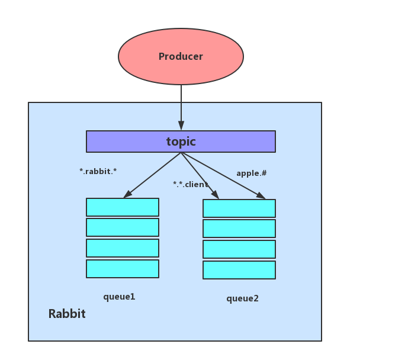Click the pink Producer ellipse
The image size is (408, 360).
[181, 57]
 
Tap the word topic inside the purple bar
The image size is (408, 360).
[181, 142]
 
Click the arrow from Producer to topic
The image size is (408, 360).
[181, 107]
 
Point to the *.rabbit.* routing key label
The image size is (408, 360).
[98, 171]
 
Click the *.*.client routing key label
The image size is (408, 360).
[190, 184]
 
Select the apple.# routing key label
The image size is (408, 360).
[252, 173]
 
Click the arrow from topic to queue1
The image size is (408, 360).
[152, 175]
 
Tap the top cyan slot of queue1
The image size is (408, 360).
[123, 207]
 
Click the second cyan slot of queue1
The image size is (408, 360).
[123, 227]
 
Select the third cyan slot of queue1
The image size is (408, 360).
[123, 248]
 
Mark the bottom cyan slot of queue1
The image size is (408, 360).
[123, 269]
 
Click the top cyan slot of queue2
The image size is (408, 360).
[239, 208]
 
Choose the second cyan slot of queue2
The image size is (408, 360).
[239, 229]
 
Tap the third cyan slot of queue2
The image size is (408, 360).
[239, 249]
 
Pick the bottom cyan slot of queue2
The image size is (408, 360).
[239, 270]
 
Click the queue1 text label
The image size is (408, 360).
[119, 297]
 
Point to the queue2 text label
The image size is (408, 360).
[242, 298]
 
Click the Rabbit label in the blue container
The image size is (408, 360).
[67, 314]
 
